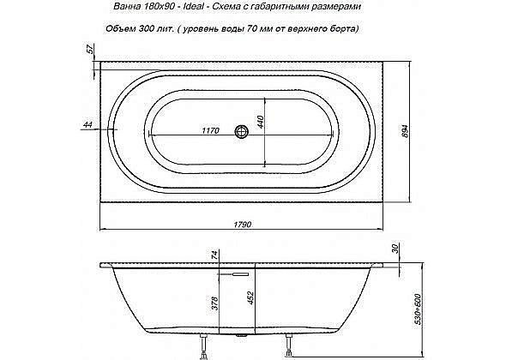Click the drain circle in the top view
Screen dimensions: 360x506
click(x=242, y=131)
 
